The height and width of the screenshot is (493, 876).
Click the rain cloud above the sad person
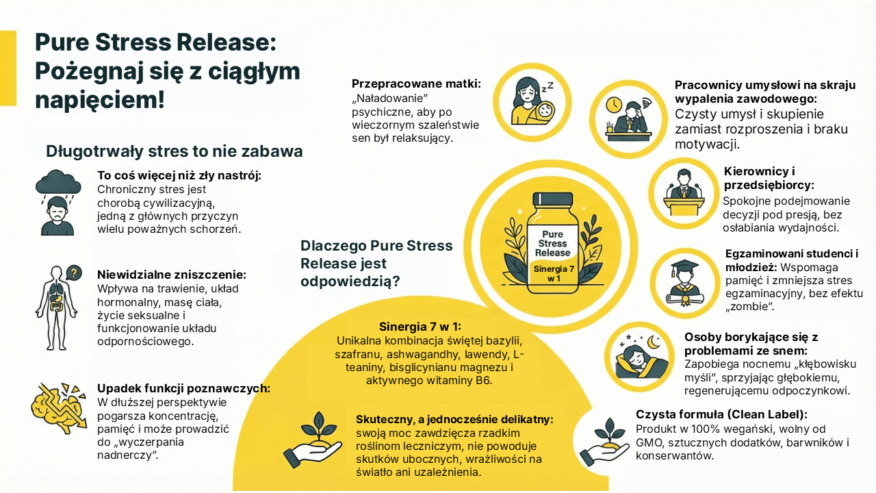(58, 182)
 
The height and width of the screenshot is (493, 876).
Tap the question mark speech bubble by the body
(74, 273)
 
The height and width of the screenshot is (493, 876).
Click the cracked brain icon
(59, 408)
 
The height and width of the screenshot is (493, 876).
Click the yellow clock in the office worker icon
(614, 105)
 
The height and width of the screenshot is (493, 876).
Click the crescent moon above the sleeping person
(653, 342)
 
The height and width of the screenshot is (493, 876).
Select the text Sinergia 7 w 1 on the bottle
(554, 273)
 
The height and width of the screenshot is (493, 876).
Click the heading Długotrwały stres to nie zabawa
(175, 151)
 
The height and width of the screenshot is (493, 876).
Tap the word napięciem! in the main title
(100, 100)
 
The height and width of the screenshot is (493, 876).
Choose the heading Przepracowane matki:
(416, 84)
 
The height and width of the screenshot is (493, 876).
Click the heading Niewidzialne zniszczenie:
(172, 275)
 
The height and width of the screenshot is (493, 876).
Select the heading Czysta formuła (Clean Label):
(721, 414)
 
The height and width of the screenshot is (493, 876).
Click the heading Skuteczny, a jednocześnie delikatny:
(454, 420)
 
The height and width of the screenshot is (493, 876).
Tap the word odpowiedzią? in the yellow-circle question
(350, 281)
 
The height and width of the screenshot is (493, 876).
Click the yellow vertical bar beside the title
(8, 68)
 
